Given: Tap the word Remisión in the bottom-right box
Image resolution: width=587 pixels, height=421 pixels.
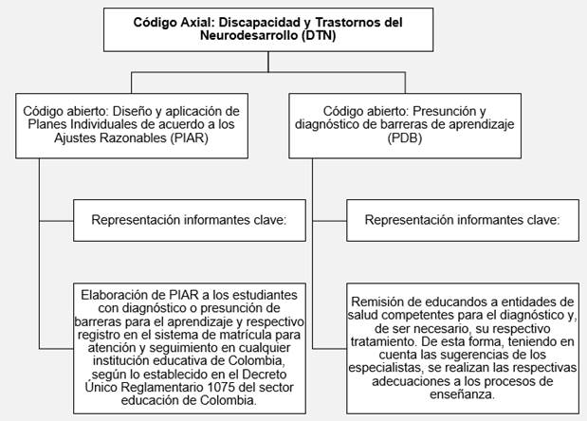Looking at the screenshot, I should click(x=383, y=300).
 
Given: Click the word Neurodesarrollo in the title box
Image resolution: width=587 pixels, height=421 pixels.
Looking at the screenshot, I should click(x=266, y=36).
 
